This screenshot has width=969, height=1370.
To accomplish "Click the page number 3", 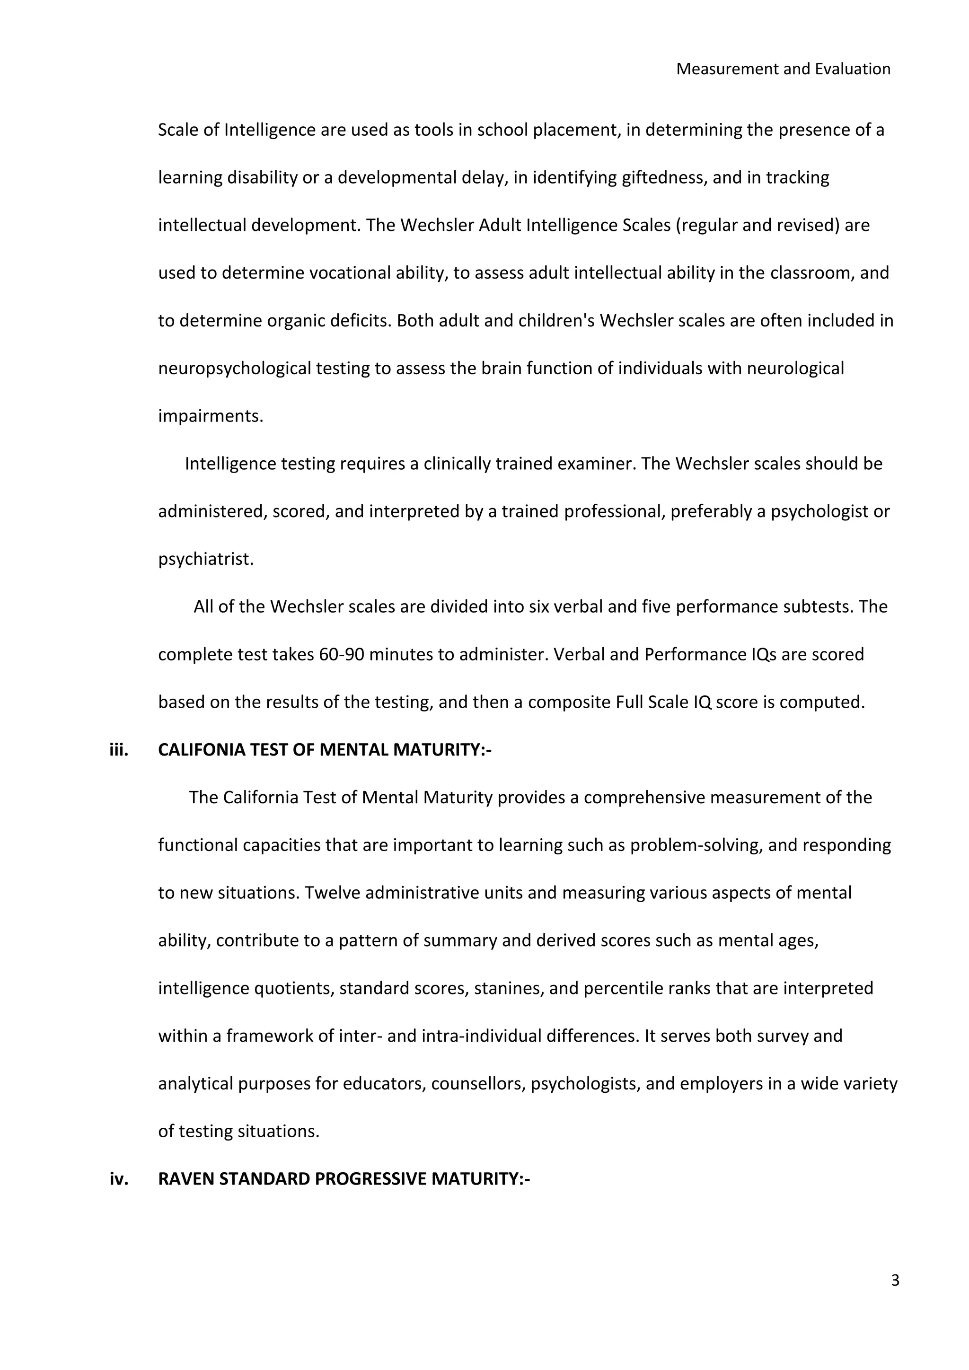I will pos(894,1281).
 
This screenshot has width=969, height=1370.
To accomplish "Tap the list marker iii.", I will pos(119,750).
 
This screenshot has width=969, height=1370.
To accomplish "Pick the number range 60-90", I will pos(341,655).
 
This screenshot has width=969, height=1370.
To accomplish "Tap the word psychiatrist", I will pos(206,560).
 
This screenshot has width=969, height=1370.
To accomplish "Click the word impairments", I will pos(211,416).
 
